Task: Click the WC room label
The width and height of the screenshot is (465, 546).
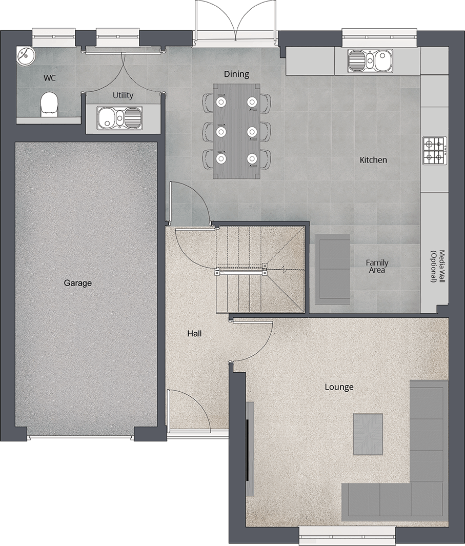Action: click(50, 78)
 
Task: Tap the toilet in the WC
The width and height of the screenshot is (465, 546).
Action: click(48, 103)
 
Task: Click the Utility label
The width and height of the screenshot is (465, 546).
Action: click(123, 95)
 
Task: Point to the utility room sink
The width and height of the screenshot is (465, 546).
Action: click(119, 118)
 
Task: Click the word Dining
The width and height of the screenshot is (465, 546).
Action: click(236, 74)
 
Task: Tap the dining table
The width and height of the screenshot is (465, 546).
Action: click(236, 131)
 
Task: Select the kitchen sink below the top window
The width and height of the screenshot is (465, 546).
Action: click(369, 60)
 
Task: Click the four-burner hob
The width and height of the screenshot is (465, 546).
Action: click(434, 151)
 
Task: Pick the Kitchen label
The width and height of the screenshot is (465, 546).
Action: click(373, 160)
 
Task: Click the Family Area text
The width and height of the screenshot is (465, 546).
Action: click(377, 266)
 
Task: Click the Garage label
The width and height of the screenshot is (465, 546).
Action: click(78, 282)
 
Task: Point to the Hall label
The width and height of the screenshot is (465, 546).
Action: click(194, 333)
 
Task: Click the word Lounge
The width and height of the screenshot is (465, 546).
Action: click(339, 387)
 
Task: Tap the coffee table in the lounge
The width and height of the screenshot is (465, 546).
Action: click(368, 434)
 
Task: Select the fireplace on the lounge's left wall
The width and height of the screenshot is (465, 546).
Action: click(250, 449)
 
